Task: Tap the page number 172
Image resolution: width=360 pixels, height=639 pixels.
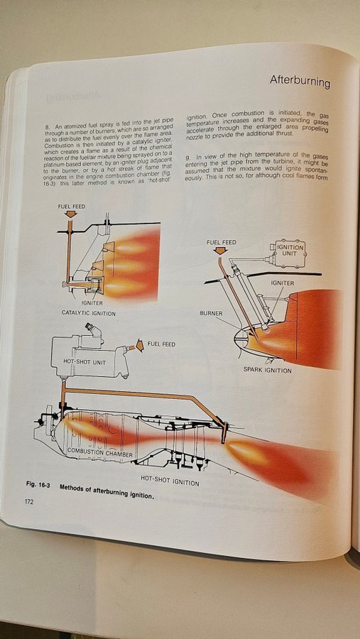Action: tap(29, 502)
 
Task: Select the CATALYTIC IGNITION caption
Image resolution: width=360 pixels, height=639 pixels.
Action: tap(89, 313)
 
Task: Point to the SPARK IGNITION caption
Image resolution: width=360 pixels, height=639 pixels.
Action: tap(268, 371)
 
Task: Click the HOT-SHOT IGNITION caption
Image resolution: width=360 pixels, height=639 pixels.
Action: tap(170, 481)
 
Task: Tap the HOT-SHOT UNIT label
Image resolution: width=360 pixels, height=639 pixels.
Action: tap(84, 361)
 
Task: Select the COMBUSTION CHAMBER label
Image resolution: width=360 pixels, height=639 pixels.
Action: tap(100, 452)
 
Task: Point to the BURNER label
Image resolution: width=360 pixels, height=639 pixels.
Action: tap(211, 314)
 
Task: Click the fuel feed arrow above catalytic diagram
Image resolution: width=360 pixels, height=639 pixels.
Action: tap(71, 214)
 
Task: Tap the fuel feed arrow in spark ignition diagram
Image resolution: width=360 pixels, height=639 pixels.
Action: tap(220, 251)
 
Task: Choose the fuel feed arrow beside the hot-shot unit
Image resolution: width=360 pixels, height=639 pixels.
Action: tap(140, 346)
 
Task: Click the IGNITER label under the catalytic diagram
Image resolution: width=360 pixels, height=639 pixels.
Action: tap(92, 303)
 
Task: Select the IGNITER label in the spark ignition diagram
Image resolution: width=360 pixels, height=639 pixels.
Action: tap(282, 283)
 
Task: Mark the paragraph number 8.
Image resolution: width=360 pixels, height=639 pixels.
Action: tap(47, 128)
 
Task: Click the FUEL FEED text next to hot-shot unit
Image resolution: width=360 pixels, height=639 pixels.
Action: tap(161, 344)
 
